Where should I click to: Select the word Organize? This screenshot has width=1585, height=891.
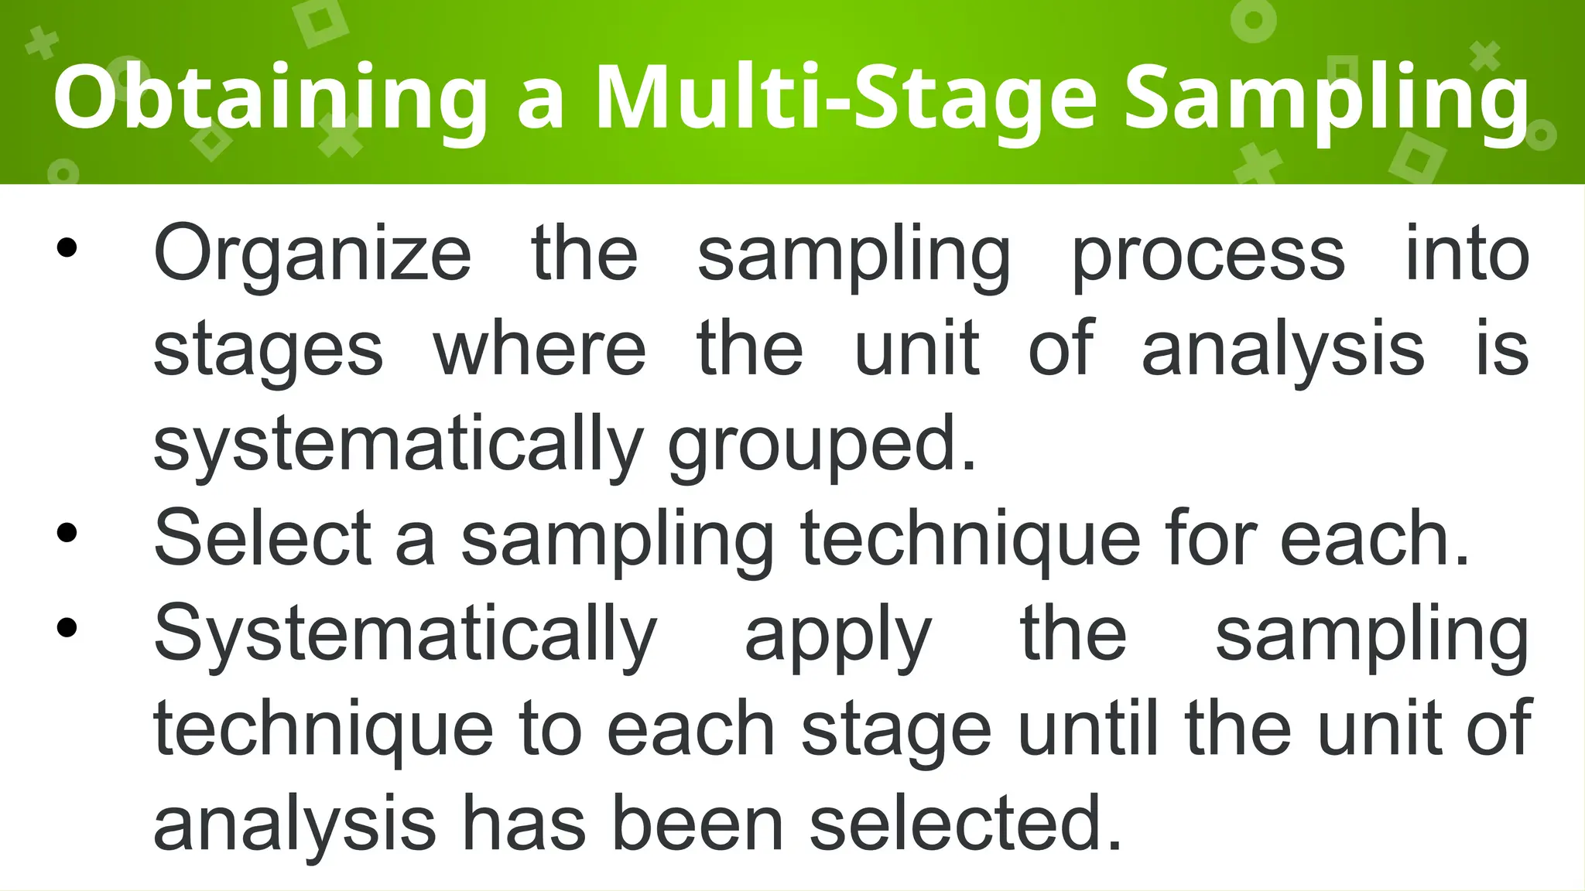(x=312, y=254)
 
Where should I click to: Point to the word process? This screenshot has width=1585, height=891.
(x=1208, y=254)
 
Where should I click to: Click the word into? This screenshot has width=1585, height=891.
(x=1467, y=254)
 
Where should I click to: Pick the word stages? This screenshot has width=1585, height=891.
(x=268, y=350)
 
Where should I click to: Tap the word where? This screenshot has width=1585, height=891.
(x=539, y=350)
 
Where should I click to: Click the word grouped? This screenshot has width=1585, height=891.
(x=822, y=444)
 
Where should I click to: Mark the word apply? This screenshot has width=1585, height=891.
(x=838, y=634)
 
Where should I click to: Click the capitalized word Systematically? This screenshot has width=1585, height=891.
(x=406, y=634)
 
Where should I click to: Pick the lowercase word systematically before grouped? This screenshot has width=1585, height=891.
(x=398, y=444)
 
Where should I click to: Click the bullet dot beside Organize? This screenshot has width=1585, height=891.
(x=67, y=247)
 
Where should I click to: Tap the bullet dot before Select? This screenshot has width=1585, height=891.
(x=67, y=533)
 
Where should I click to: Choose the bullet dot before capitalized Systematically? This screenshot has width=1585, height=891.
(x=67, y=628)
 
